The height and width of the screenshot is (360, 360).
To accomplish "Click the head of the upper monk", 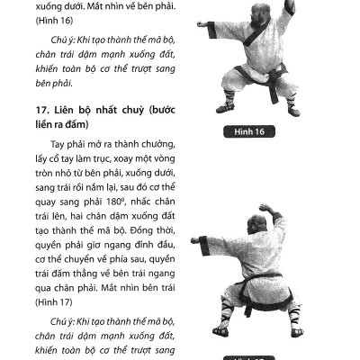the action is click(242, 10).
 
